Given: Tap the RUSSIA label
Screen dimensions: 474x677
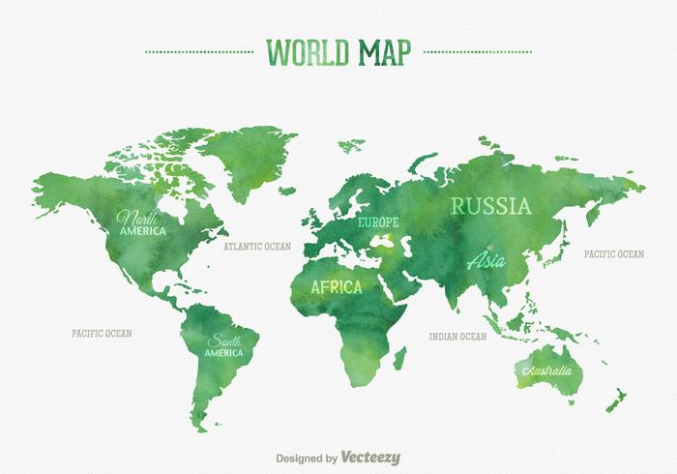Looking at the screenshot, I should [x=491, y=205].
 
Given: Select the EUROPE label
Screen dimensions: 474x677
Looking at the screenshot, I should [x=378, y=222].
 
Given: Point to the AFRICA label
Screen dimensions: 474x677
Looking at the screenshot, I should [x=337, y=287].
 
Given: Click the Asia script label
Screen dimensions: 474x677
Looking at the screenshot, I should [x=486, y=259].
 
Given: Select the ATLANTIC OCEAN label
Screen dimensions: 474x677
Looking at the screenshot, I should [x=257, y=247].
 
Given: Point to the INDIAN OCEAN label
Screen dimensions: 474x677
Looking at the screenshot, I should [x=457, y=337].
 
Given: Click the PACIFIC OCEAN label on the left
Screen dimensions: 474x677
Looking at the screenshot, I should [x=102, y=333].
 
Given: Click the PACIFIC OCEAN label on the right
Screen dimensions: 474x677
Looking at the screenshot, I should [x=613, y=254].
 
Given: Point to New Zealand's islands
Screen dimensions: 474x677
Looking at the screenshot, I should [x=616, y=397].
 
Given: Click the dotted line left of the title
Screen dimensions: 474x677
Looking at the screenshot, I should [x=197, y=51].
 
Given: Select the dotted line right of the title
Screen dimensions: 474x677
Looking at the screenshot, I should [x=478, y=51].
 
